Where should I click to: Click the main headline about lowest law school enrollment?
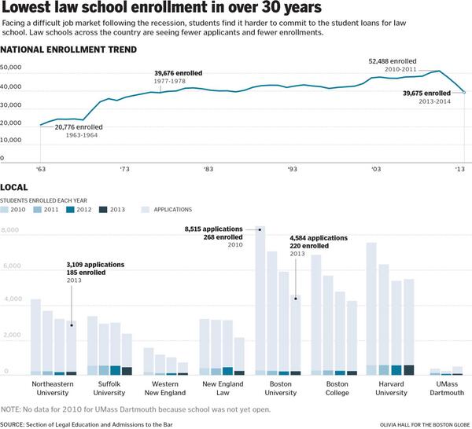[150, 9]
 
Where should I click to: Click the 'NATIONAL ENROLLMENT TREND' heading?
[68, 49]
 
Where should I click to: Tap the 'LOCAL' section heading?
[15, 189]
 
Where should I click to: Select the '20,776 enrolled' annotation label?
[85, 126]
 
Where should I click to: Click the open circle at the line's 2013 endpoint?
[464, 92]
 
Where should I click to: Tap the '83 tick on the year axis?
[208, 168]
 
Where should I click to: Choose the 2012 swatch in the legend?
[68, 210]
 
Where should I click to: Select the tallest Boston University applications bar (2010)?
[260, 299]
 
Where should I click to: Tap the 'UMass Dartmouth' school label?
[446, 389]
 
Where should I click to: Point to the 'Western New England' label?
[165, 389]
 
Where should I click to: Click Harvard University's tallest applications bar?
[371, 306]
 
